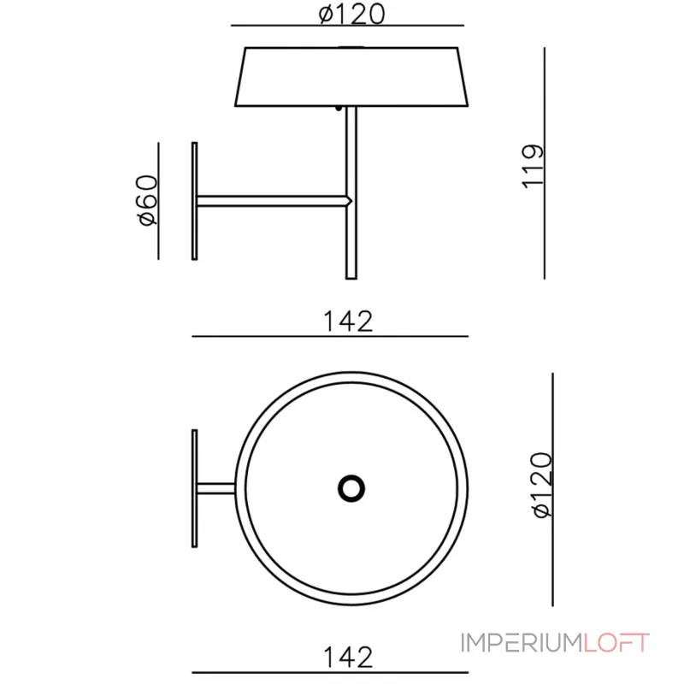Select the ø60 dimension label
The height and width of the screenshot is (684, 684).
pyautogui.click(x=146, y=199)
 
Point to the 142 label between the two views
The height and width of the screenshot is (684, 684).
pyautogui.click(x=348, y=321)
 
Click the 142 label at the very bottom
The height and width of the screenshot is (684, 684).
pyautogui.click(x=348, y=657)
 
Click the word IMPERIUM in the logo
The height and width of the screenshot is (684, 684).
pyautogui.click(x=522, y=642)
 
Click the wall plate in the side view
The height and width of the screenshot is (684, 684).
pyautogui.click(x=195, y=200)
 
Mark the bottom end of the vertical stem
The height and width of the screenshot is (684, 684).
pyautogui.click(x=350, y=274)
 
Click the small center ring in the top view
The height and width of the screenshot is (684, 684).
pyautogui.click(x=351, y=487)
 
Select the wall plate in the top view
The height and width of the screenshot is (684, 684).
pyautogui.click(x=195, y=487)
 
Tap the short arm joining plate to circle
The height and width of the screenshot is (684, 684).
pyautogui.click(x=216, y=488)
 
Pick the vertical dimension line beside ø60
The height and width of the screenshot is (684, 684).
pyautogui.click(x=159, y=200)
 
